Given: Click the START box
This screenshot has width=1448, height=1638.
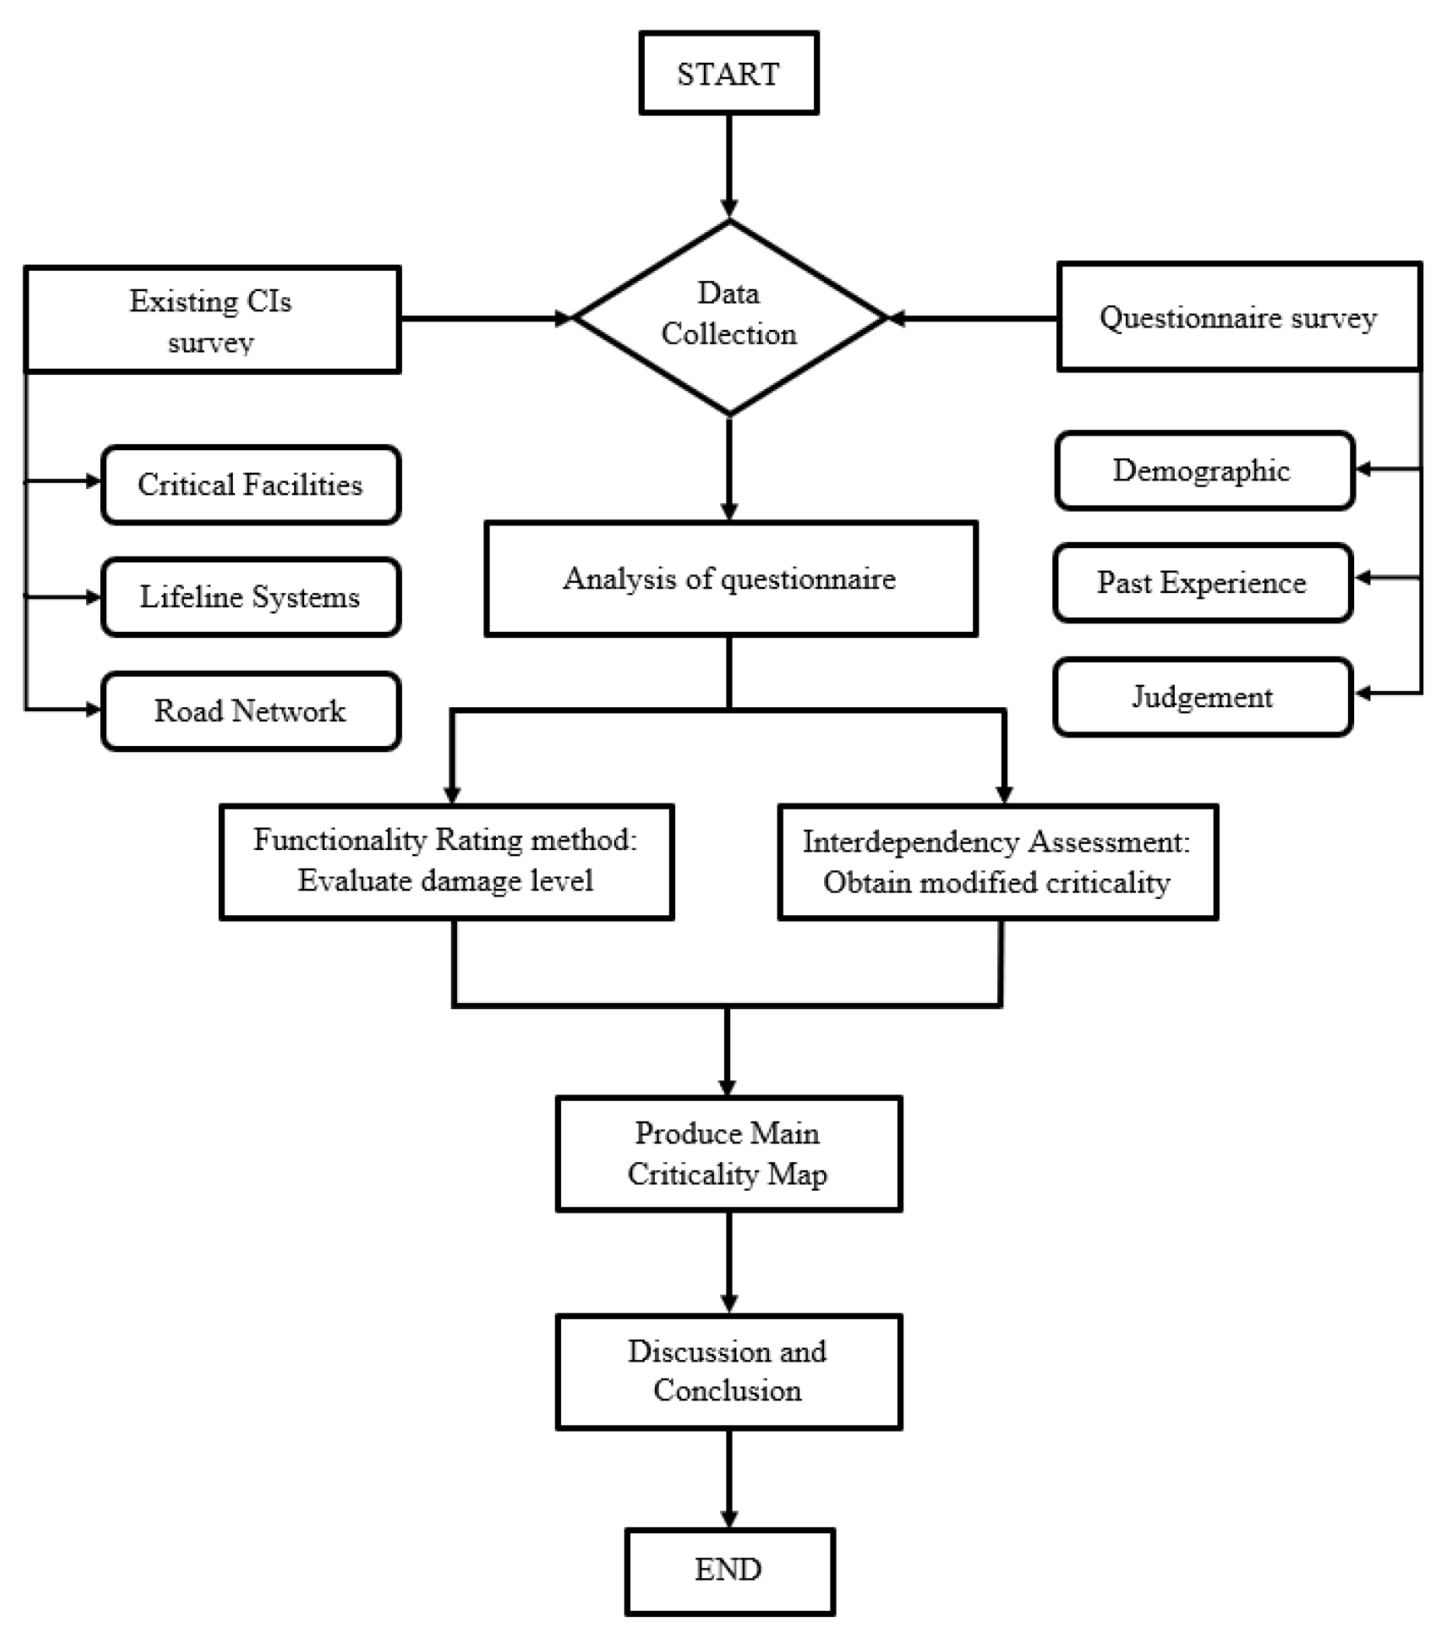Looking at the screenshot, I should [x=728, y=74].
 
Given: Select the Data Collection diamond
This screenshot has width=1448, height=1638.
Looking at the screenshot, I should [x=729, y=317].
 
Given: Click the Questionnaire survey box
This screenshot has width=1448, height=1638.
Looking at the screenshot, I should [x=1238, y=318].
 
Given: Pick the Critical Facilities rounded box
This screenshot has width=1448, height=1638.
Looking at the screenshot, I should [x=251, y=485].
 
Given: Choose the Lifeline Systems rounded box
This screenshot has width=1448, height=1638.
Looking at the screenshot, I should [x=251, y=597].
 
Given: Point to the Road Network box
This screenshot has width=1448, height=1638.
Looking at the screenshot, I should [x=251, y=711].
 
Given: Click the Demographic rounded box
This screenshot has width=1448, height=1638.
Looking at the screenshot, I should [x=1204, y=470].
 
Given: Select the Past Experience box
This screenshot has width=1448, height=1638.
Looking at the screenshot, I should [x=1202, y=582].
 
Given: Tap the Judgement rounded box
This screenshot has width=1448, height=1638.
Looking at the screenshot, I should [x=1202, y=696].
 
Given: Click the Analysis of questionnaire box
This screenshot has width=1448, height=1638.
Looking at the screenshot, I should [x=730, y=578].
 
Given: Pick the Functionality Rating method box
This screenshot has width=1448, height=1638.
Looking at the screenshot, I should [x=446, y=861].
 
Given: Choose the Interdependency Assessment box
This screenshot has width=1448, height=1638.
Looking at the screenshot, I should [x=997, y=862].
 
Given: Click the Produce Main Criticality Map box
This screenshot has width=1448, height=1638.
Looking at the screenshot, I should [x=728, y=1153].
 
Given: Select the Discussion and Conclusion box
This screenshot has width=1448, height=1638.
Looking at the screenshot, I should [x=728, y=1371].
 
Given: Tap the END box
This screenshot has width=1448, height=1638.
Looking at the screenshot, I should [x=729, y=1569].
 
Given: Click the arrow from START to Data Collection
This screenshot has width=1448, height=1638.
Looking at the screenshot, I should [x=729, y=165].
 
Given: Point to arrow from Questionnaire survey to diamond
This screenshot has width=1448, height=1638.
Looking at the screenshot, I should [x=972, y=319].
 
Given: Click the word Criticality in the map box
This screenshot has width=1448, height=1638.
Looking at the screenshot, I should [x=693, y=1174].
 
